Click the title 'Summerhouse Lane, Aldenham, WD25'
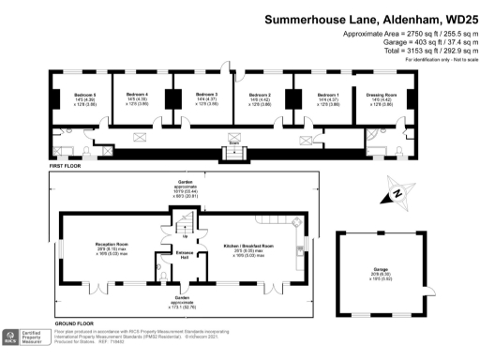(369, 18)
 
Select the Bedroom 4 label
(138, 95)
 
